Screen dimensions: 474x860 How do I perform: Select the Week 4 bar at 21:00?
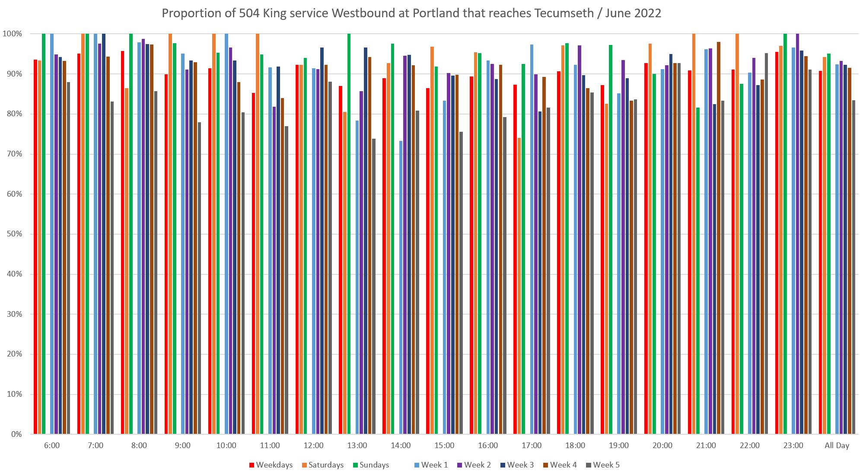pos(718,238)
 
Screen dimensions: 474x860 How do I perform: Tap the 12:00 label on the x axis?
pos(313,445)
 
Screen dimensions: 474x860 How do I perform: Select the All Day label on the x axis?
pos(837,445)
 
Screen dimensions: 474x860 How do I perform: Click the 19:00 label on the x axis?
pos(618,445)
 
